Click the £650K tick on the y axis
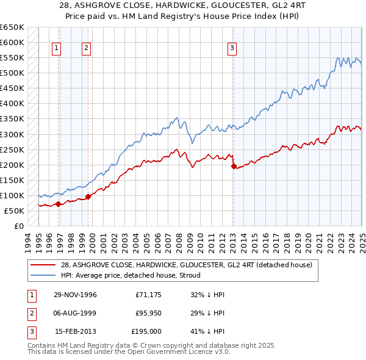click(12, 27)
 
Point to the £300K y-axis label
click(12, 134)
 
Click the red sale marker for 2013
click(234, 166)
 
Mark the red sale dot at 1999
click(88, 196)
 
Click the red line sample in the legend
click(43, 265)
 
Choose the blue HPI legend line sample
click(43, 275)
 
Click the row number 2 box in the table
click(30, 313)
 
